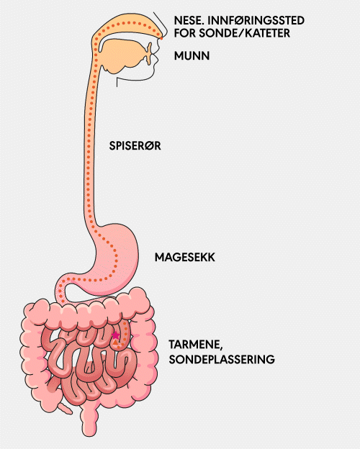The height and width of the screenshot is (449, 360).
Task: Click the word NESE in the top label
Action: click(186, 21)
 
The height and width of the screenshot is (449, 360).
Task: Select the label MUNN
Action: click(192, 55)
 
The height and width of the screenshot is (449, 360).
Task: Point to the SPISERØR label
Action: click(135, 146)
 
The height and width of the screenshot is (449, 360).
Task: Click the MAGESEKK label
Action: click(185, 257)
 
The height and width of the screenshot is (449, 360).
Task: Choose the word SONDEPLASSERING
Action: click(222, 359)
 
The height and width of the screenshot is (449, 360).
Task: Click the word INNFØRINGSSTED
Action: click(256, 21)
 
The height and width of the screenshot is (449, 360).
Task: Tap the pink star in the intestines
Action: click(115, 335)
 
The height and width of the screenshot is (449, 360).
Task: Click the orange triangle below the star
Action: click(115, 343)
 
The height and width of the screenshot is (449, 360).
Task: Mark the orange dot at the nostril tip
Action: click(161, 38)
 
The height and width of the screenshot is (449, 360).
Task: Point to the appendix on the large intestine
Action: click(65, 408)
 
